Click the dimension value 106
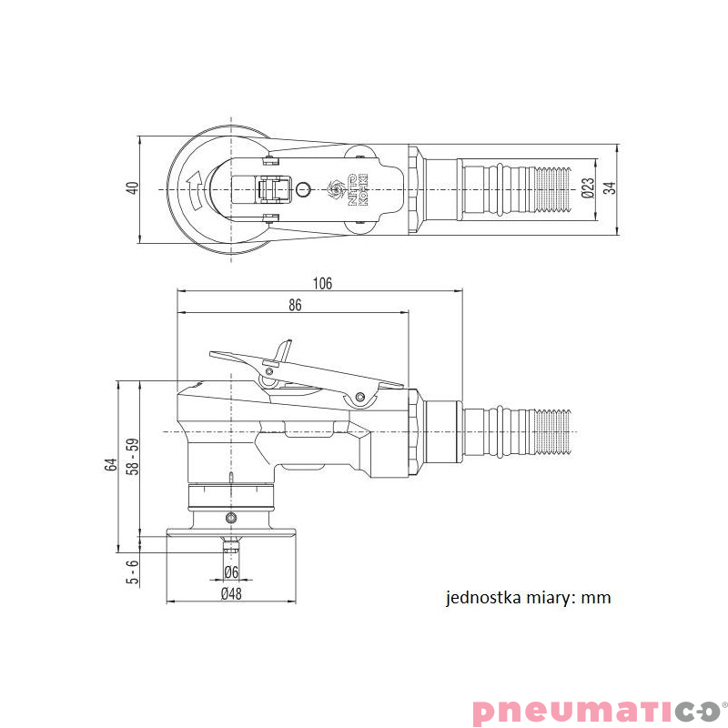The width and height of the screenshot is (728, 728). (321, 283)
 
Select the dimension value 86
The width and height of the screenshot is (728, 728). (295, 306)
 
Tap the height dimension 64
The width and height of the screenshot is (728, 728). (111, 465)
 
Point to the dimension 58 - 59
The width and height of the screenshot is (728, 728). (132, 455)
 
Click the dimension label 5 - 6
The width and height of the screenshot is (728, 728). (132, 571)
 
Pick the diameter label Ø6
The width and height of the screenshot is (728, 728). (231, 571)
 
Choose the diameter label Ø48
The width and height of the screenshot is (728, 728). (231, 594)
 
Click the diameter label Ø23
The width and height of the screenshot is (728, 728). (587, 188)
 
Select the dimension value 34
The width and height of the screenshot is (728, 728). (610, 188)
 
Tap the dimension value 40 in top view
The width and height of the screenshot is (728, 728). (132, 188)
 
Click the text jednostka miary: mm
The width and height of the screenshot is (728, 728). (528, 598)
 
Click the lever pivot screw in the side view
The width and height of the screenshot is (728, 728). (361, 397)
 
